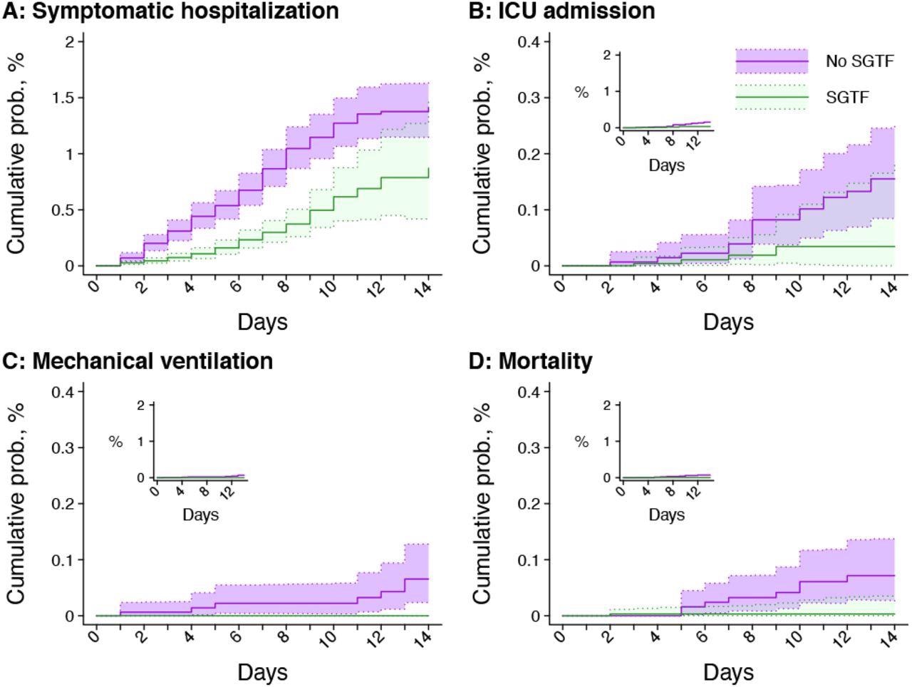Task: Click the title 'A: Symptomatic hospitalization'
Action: tap(171, 11)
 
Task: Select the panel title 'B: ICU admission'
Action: tap(561, 11)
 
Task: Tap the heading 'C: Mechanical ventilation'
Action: tap(138, 361)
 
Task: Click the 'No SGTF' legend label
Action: tap(859, 61)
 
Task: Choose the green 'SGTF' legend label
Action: tap(847, 98)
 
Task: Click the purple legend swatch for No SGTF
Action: tap(772, 61)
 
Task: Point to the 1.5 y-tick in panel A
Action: tap(63, 98)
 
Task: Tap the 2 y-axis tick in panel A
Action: tap(70, 42)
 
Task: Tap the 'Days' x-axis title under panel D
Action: tap(727, 672)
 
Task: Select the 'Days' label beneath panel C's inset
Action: tap(200, 515)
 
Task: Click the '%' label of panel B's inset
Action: tap(581, 92)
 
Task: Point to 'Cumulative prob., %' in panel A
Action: tap(16, 153)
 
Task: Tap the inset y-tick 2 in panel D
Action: tap(607, 406)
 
